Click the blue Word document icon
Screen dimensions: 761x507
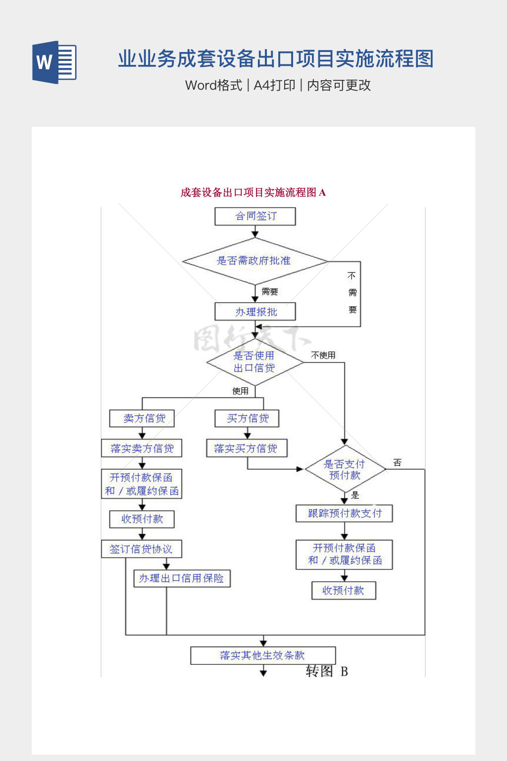[54, 62]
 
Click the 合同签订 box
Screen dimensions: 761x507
[255, 217]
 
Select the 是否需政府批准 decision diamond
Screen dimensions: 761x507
[254, 261]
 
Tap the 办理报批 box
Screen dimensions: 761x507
[255, 312]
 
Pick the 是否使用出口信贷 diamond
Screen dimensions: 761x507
[254, 362]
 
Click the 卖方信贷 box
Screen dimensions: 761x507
[142, 419]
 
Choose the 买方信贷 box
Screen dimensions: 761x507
[247, 419]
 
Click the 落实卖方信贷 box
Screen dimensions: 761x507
[142, 448]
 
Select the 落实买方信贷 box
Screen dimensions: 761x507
[247, 448]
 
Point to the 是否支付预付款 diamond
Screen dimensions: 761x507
[345, 469]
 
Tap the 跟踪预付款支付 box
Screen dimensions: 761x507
[344, 514]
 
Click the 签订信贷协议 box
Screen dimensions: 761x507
[142, 549]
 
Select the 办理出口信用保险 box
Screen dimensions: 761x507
[182, 578]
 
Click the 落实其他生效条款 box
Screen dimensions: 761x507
[263, 655]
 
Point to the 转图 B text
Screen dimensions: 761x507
[327, 671]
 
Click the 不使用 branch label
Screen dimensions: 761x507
[323, 355]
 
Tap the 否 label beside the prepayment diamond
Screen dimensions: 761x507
[397, 463]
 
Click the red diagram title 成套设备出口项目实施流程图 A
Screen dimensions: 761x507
[253, 193]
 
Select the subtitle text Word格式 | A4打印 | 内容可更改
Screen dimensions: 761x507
[278, 85]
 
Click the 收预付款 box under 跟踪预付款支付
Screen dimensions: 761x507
[344, 591]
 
